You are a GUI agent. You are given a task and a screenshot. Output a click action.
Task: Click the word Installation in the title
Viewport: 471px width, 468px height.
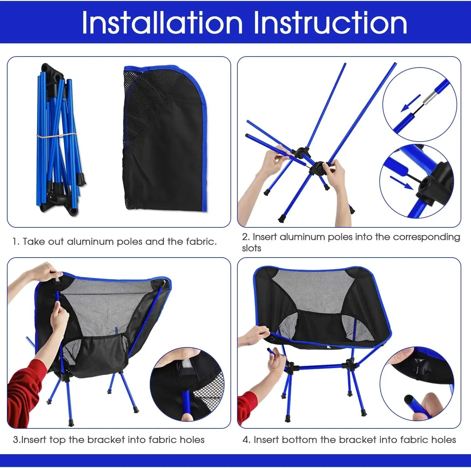pos(162,23)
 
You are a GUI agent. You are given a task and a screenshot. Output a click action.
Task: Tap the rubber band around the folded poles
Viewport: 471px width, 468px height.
pos(57,136)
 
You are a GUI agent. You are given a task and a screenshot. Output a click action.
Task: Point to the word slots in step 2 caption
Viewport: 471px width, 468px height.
pos(252,248)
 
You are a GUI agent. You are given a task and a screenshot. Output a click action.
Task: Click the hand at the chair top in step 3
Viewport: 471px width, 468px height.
pos(46,272)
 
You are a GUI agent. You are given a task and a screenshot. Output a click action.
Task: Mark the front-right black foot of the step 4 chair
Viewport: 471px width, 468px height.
pos(364,412)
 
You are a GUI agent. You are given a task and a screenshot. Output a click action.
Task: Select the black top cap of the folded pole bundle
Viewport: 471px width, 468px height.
pos(52,72)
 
